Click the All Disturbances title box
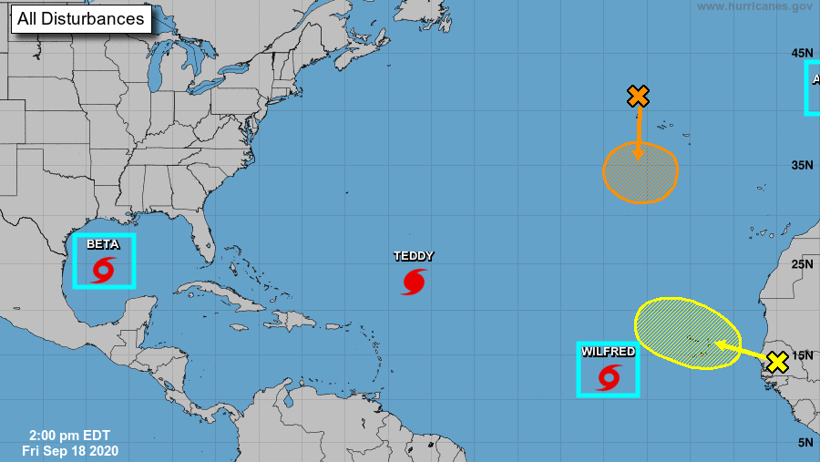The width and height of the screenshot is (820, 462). tap(80, 18)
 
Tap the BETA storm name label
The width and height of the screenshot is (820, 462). tap(103, 244)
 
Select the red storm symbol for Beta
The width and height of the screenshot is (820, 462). tap(103, 269)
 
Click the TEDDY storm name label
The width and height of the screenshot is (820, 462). tap(414, 256)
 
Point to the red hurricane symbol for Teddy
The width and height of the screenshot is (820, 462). tap(414, 282)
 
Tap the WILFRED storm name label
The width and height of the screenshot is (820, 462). tap(608, 352)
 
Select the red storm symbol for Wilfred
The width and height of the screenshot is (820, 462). tap(609, 376)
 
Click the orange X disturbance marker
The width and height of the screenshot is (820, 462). tap(638, 96)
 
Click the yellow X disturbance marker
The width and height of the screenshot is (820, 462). tap(776, 362)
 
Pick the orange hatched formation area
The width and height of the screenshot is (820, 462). tap(641, 172)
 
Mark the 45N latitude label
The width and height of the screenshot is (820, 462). tap(802, 52)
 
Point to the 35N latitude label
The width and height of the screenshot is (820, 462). tap(802, 165)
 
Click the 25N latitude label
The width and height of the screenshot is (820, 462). tap(802, 264)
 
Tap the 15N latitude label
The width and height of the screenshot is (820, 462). tap(802, 355)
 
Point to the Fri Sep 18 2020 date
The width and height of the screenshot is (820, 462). tap(70, 450)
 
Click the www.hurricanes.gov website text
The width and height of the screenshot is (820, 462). tap(754, 6)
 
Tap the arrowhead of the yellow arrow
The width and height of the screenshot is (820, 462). tap(719, 344)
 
